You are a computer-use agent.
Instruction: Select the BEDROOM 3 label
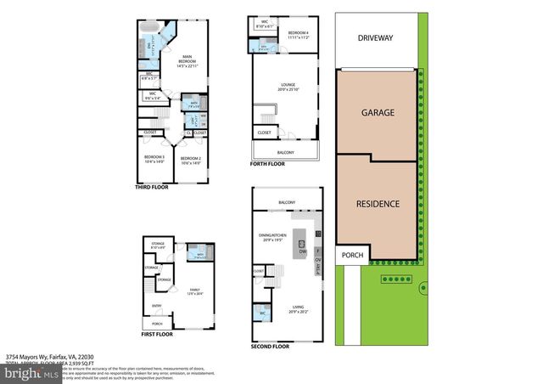point(153,158)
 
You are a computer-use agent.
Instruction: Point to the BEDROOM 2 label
point(191,158)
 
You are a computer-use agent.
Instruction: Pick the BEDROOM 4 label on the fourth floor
point(298,32)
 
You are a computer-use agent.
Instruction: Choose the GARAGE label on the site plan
point(376,111)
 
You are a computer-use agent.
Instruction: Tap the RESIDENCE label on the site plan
point(376,205)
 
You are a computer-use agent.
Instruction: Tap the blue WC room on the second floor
point(261,313)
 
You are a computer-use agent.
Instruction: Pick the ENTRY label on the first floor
point(156,307)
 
